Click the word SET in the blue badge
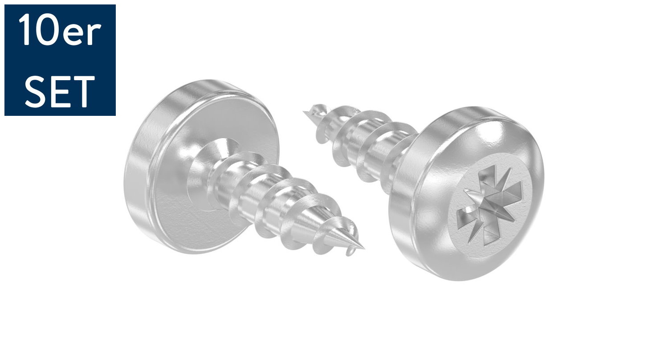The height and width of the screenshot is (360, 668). (60, 91)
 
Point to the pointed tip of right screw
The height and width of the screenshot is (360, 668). (306, 112)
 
